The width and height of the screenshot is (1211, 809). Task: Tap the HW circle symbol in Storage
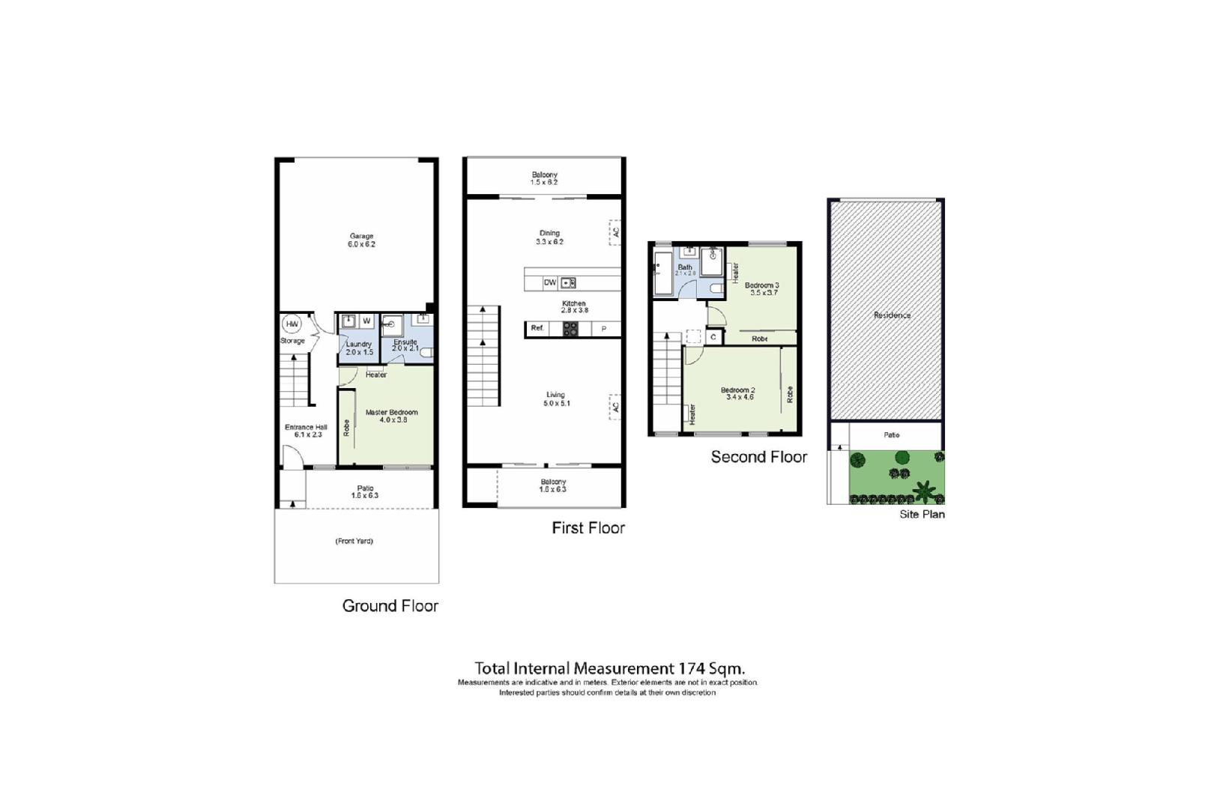tap(292, 324)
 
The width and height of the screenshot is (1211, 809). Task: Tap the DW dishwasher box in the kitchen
tap(550, 282)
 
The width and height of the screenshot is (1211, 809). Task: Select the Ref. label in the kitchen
tap(537, 328)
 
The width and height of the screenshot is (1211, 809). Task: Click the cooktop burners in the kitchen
tap(570, 329)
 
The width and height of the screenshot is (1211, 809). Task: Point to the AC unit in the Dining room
tap(615, 232)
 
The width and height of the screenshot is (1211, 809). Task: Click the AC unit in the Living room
tap(615, 407)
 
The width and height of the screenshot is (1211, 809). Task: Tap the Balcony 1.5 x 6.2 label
tap(544, 178)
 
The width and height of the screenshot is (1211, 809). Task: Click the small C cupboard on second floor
tap(713, 338)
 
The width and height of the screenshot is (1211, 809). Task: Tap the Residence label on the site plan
tap(892, 315)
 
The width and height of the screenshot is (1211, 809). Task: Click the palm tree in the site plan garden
tap(924, 491)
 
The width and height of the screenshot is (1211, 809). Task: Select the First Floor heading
tap(588, 528)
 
